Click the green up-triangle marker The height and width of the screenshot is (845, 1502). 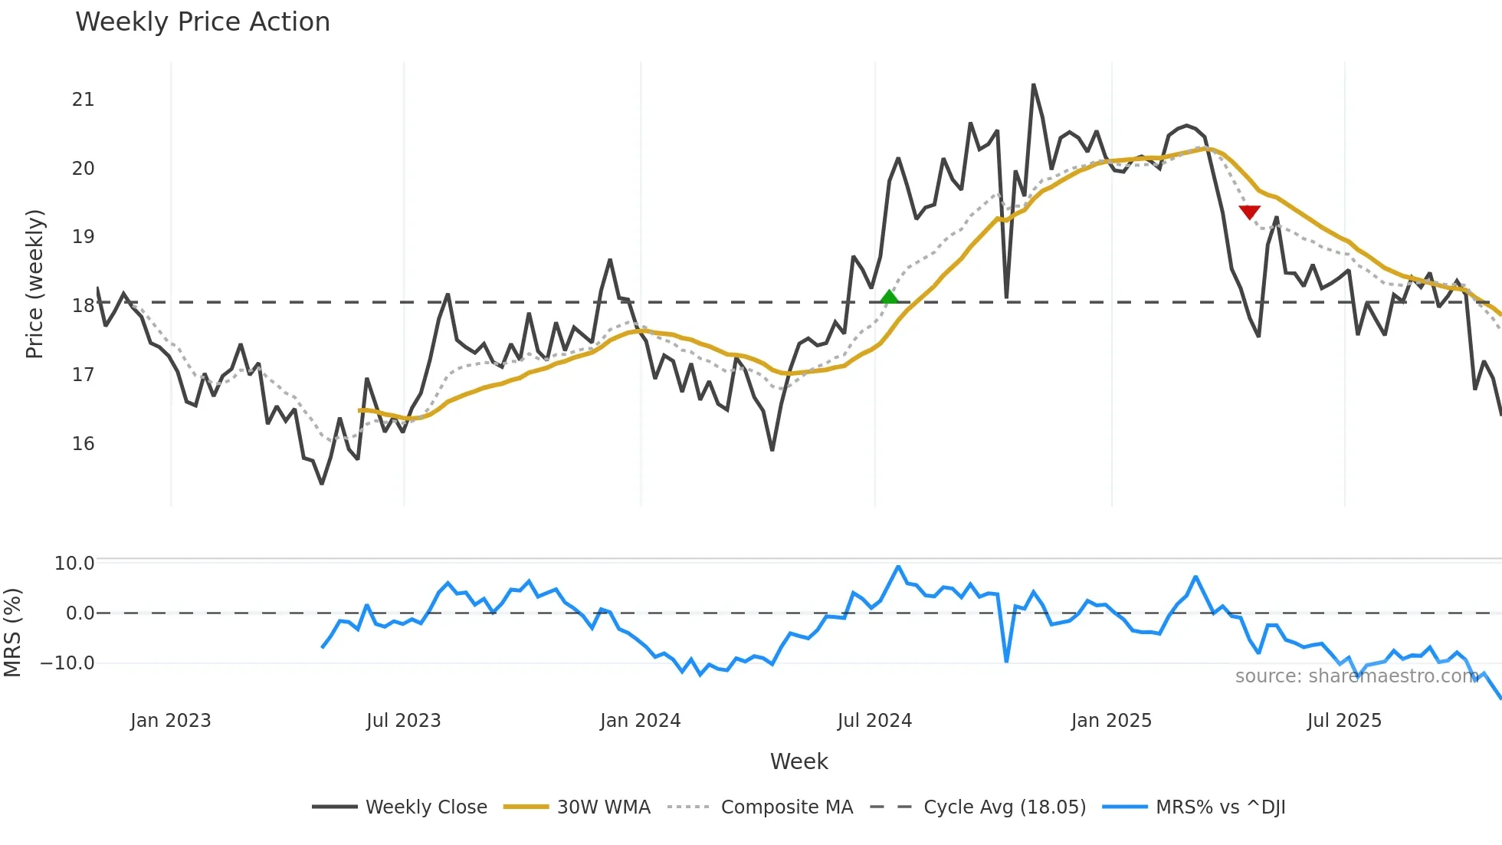click(x=889, y=298)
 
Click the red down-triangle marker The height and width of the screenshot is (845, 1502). click(x=1249, y=212)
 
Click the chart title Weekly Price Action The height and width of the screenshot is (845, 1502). click(x=202, y=22)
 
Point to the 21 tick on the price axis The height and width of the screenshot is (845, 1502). click(x=83, y=100)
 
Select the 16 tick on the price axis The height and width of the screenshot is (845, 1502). click(x=83, y=444)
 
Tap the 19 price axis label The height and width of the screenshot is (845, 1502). click(x=83, y=237)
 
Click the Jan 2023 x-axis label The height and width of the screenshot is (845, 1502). click(x=170, y=721)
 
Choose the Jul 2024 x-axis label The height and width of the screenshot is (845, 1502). click(x=874, y=721)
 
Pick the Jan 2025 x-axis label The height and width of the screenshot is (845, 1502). click(x=1111, y=721)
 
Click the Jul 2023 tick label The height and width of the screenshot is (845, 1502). click(x=404, y=721)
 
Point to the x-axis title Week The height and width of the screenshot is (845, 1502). click(x=799, y=761)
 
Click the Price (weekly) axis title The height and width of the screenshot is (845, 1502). click(x=34, y=284)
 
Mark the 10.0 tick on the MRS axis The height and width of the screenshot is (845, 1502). click(x=74, y=564)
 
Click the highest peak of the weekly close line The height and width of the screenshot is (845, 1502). click(x=1033, y=84)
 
